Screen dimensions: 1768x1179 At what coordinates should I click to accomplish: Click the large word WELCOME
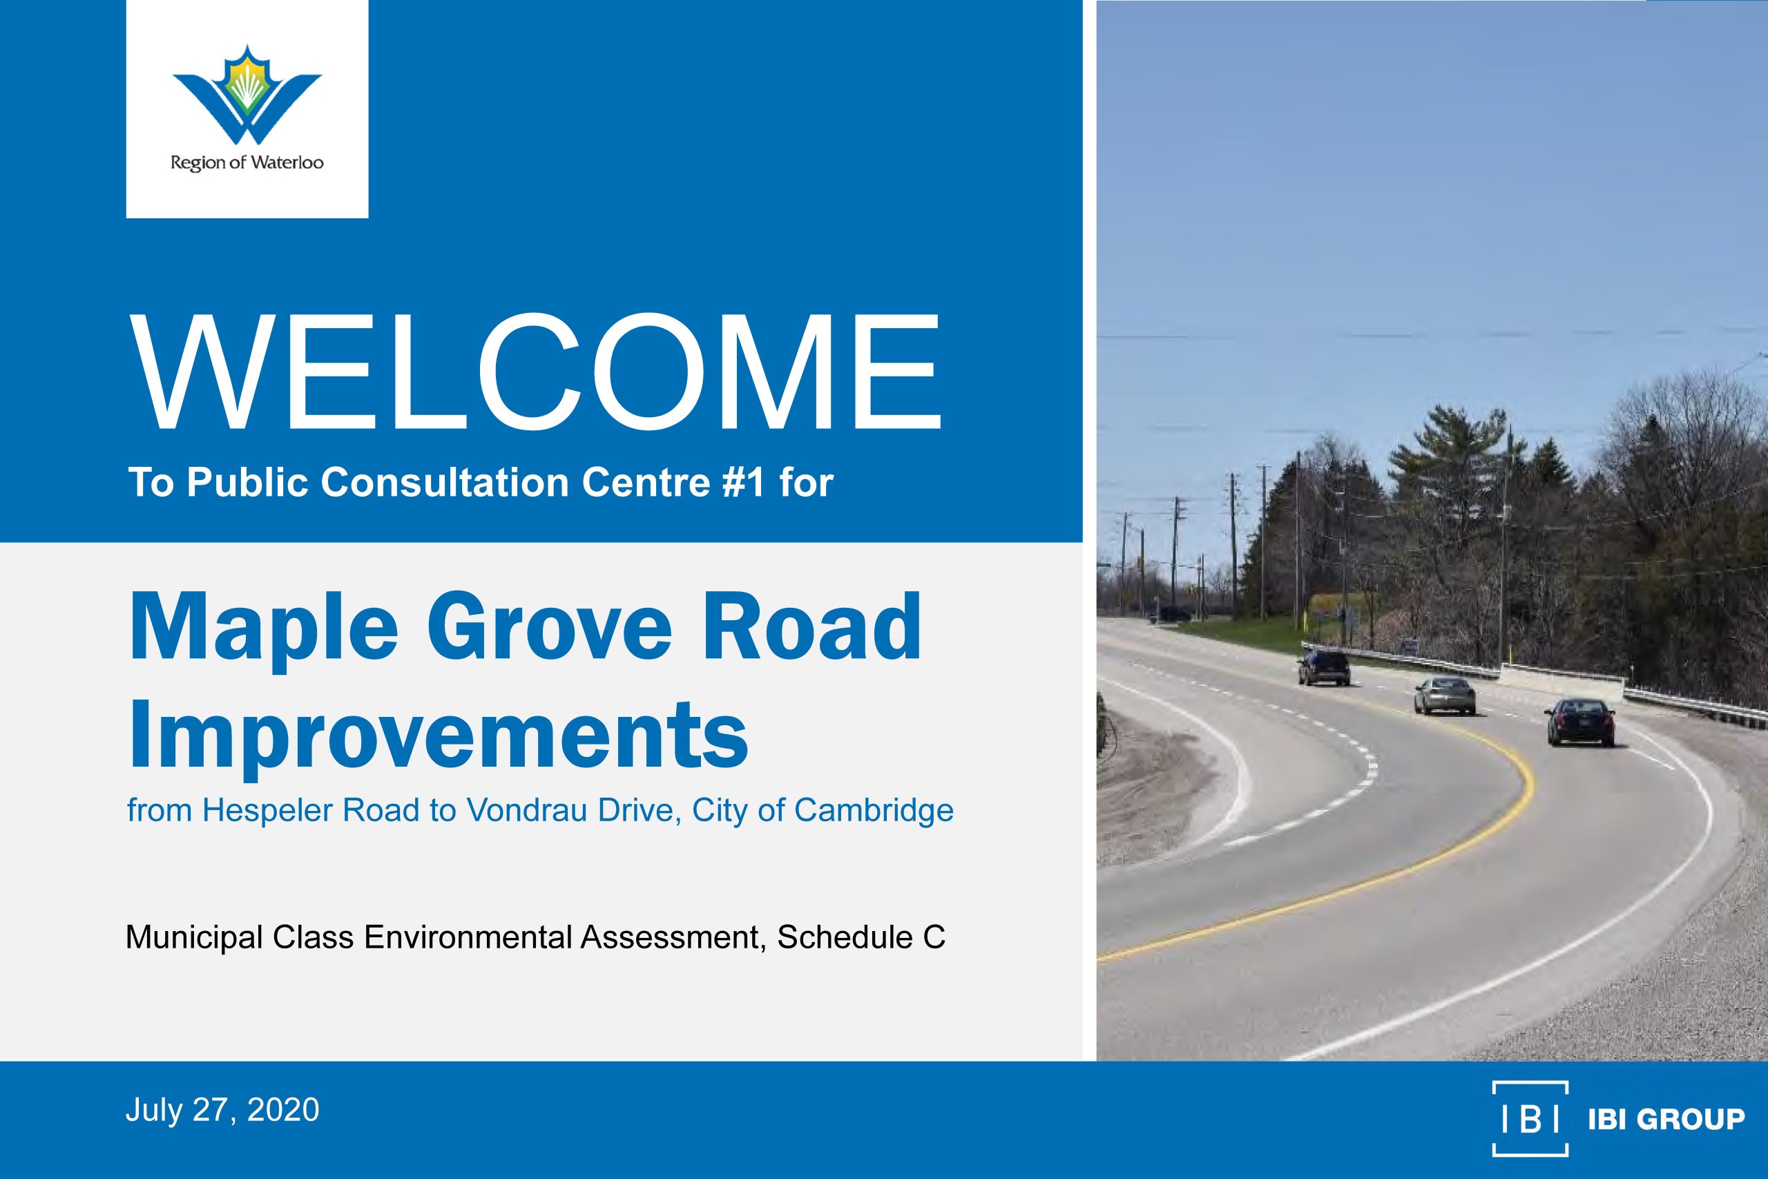pos(536,372)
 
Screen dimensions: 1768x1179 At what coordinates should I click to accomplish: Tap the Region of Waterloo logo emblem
pos(247,95)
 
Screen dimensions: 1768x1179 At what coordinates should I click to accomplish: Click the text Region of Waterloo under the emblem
pos(247,162)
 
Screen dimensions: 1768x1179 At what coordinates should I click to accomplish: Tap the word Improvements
pos(439,735)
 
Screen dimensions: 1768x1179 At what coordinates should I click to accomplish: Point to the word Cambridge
pos(874,811)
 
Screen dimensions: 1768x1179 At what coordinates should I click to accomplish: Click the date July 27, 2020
pos(222,1110)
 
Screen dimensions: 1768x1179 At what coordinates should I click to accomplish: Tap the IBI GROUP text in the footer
pos(1666,1119)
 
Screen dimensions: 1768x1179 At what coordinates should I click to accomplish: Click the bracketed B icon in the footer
pos(1530,1118)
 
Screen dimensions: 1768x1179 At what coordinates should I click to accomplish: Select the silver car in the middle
pos(1444,696)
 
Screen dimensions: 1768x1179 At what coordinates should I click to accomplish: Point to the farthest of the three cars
pos(1323,668)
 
